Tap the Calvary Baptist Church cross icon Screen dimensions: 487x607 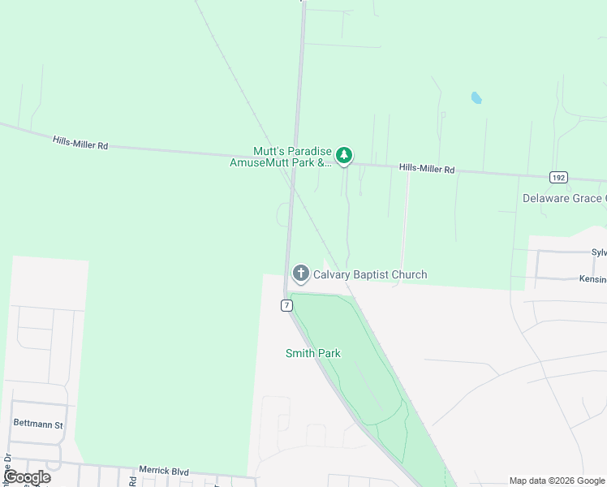(x=301, y=274)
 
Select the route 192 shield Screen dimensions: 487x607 (x=557, y=177)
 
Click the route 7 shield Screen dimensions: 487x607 (x=286, y=305)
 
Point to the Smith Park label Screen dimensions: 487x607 (x=312, y=353)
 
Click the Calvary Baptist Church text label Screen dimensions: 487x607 (x=370, y=274)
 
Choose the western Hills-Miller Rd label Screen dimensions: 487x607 (x=80, y=142)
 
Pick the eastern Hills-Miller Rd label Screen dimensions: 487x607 (x=427, y=169)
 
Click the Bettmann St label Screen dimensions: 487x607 (x=38, y=424)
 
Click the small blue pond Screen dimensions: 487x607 (x=476, y=98)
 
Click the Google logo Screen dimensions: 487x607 (x=28, y=477)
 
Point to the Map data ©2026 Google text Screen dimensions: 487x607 (x=557, y=481)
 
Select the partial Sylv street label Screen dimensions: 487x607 (x=598, y=252)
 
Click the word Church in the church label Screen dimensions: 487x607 (x=409, y=274)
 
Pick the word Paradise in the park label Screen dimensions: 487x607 (x=308, y=151)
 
